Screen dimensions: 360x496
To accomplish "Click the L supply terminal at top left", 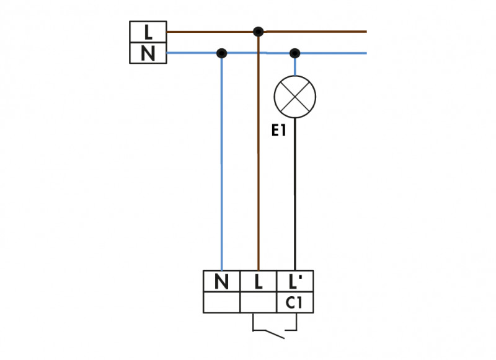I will (x=148, y=31).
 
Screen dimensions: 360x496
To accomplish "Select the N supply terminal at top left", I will (x=148, y=53).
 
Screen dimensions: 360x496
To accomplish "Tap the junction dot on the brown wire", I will (x=258, y=31).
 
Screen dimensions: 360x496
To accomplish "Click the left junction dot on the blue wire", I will (x=221, y=53).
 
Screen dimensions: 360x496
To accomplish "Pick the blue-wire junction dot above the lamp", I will (x=295, y=53).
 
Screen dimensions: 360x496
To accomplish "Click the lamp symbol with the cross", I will (x=295, y=97).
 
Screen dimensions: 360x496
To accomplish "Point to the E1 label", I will (x=278, y=131).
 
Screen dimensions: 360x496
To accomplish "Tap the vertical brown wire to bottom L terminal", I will (x=258, y=186).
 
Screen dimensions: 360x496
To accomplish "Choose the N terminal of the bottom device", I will (x=221, y=282).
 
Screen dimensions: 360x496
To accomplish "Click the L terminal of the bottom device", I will (x=258, y=282).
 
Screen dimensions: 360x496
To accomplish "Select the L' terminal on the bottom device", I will (x=295, y=282).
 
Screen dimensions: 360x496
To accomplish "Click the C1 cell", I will (x=295, y=303).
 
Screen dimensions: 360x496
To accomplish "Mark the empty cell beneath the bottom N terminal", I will (x=221, y=303).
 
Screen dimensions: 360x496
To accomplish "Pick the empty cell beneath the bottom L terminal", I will (x=258, y=303).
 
